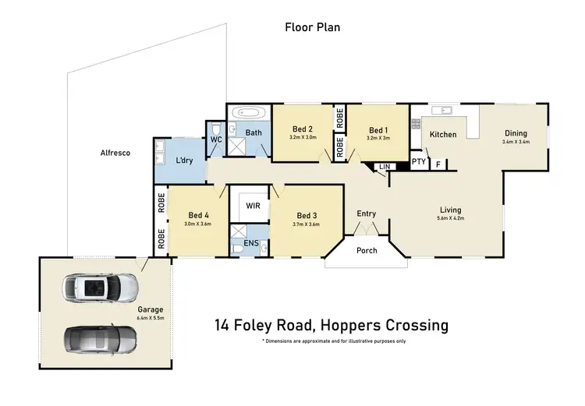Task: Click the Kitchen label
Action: click(x=443, y=135)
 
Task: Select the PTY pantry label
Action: click(x=419, y=163)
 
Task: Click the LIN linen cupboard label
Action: click(x=383, y=167)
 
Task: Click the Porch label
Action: click(x=367, y=250)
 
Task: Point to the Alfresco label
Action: click(x=115, y=153)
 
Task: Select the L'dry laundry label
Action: click(x=185, y=160)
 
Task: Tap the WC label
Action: click(x=216, y=139)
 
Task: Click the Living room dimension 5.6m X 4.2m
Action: click(x=450, y=219)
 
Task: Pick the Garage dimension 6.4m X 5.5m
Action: click(x=151, y=317)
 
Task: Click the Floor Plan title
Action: click(x=312, y=27)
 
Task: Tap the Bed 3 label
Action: click(x=306, y=216)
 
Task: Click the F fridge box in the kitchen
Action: click(x=438, y=164)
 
